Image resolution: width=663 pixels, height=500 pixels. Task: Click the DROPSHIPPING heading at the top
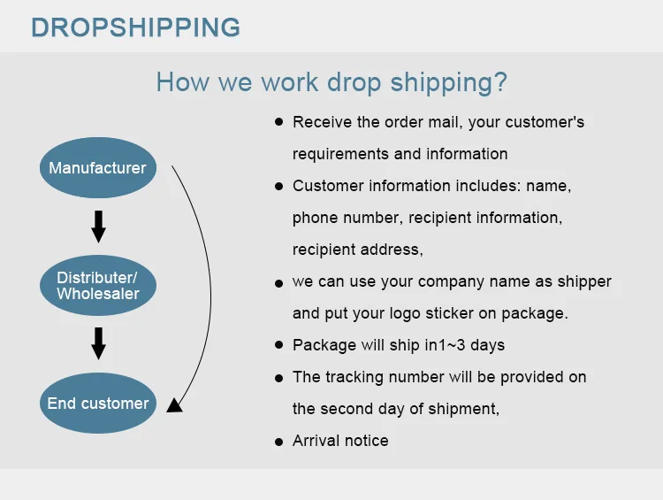point(135,27)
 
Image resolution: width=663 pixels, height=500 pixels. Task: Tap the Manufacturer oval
point(97,168)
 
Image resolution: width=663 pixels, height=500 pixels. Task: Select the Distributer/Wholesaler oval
point(97,286)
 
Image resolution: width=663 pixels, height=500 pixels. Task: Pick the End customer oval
point(97,404)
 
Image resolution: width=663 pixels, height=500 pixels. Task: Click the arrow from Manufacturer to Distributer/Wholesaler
point(98,227)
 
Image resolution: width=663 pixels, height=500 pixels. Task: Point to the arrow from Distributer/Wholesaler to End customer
point(98,343)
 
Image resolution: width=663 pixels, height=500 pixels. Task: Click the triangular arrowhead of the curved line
point(174,405)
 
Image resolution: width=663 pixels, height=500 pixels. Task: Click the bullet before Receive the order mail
point(278,122)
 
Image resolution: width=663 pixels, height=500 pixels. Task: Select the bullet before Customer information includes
point(278,187)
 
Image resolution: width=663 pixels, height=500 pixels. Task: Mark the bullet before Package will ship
point(278,345)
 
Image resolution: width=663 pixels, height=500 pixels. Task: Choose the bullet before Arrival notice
point(278,441)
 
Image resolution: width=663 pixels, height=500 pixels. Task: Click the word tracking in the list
point(352,377)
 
